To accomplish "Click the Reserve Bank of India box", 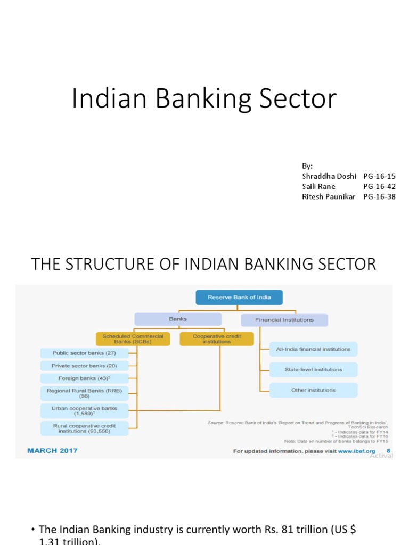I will pyautogui.click(x=239, y=297).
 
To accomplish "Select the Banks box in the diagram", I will pyautogui.click(x=177, y=319).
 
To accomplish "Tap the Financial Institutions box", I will pyautogui.click(x=284, y=320).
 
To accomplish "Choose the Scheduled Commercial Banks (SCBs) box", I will pyautogui.click(x=133, y=339).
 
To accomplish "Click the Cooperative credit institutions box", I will pyautogui.click(x=211, y=339).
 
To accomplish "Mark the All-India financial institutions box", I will pyautogui.click(x=313, y=349).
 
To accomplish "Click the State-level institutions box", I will pyautogui.click(x=313, y=369).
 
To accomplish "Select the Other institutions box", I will pyautogui.click(x=313, y=390).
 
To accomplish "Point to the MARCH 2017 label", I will pyautogui.click(x=52, y=451).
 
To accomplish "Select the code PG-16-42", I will pyautogui.click(x=379, y=186).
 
